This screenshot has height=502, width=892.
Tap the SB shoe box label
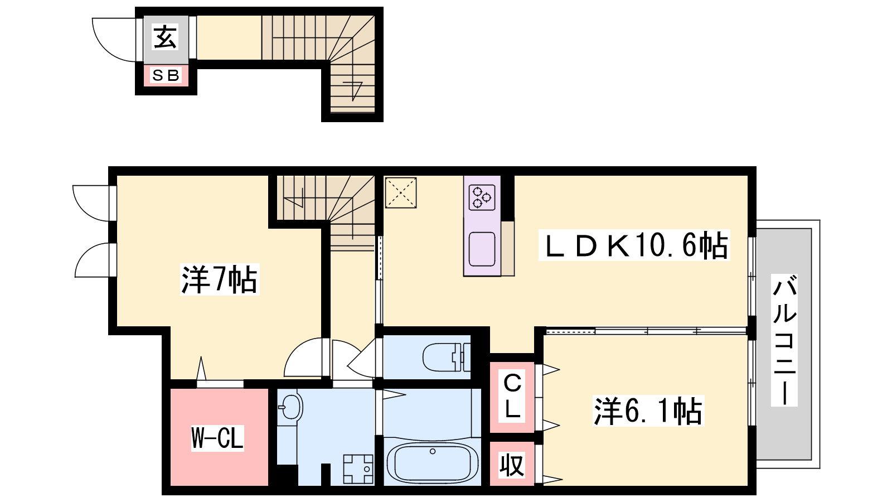click(166, 75)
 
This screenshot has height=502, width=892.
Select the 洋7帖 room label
click(220, 279)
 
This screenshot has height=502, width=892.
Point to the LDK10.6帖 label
click(634, 245)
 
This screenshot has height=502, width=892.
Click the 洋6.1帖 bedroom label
click(648, 411)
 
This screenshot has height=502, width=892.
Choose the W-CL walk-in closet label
click(217, 437)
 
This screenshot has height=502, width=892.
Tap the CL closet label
click(512, 397)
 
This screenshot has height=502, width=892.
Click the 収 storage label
click(512, 465)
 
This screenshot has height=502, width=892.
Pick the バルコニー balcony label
click(784, 340)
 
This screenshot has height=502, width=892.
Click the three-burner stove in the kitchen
click(482, 197)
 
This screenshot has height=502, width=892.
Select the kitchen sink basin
click(482, 249)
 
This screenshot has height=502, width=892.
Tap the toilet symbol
click(446, 358)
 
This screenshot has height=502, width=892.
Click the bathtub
click(433, 463)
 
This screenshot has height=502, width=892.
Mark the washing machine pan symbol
click(358, 469)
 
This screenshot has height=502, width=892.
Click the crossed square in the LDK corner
click(401, 193)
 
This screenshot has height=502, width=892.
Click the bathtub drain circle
click(433, 451)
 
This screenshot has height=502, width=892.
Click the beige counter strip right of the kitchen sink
click(508, 249)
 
